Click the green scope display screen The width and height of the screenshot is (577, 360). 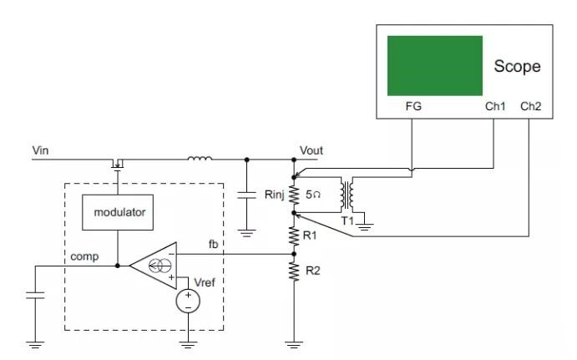click(x=435, y=65)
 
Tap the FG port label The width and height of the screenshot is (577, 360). click(x=413, y=107)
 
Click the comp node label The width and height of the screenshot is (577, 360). click(x=85, y=256)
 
